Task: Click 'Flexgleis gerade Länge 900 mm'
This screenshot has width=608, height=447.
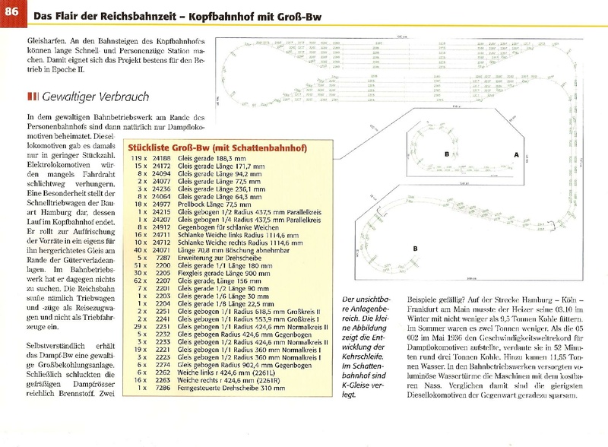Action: tap(219, 272)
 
